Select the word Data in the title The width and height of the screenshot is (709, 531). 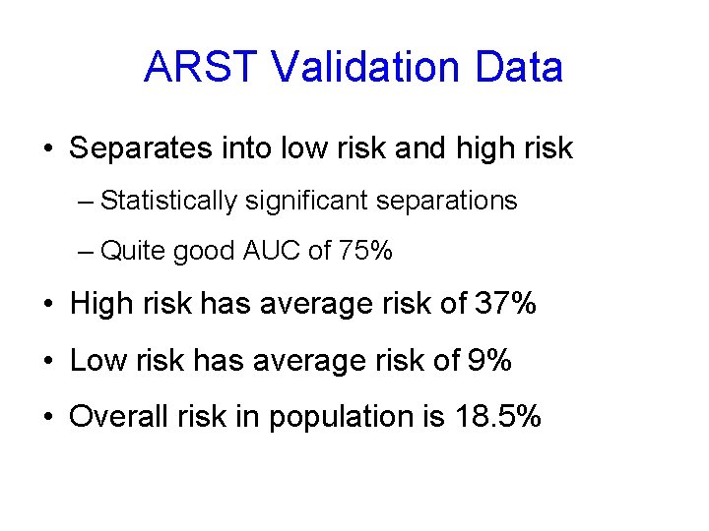[x=519, y=68]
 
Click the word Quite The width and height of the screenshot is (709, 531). [x=134, y=252]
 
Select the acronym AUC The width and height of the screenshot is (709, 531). [x=272, y=252]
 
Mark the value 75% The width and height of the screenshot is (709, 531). [x=365, y=252]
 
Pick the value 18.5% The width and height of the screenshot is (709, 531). [x=498, y=417]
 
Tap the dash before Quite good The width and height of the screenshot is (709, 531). [x=85, y=253]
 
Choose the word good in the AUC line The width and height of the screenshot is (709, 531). [x=204, y=252]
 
